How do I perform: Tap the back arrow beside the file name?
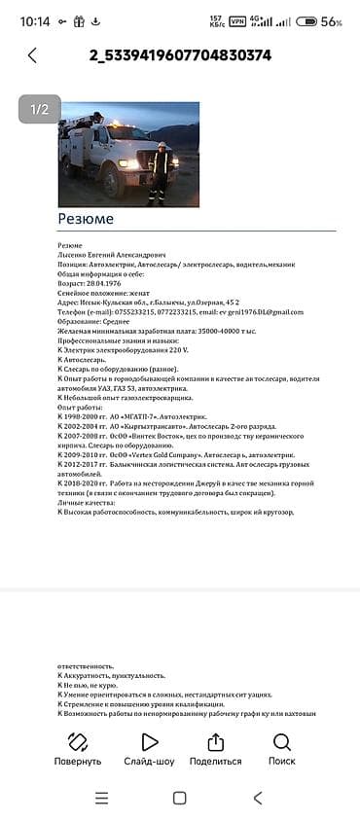pyautogui.click(x=32, y=55)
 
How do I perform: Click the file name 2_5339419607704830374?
pyautogui.click(x=179, y=55)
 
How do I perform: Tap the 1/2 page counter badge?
pyautogui.click(x=40, y=109)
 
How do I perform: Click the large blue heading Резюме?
pyautogui.click(x=86, y=219)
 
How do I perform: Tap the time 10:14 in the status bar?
pyautogui.click(x=34, y=20)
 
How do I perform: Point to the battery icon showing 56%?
pyautogui.click(x=306, y=20)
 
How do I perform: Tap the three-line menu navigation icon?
pyautogui.click(x=101, y=798)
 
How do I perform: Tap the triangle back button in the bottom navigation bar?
pyautogui.click(x=257, y=798)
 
